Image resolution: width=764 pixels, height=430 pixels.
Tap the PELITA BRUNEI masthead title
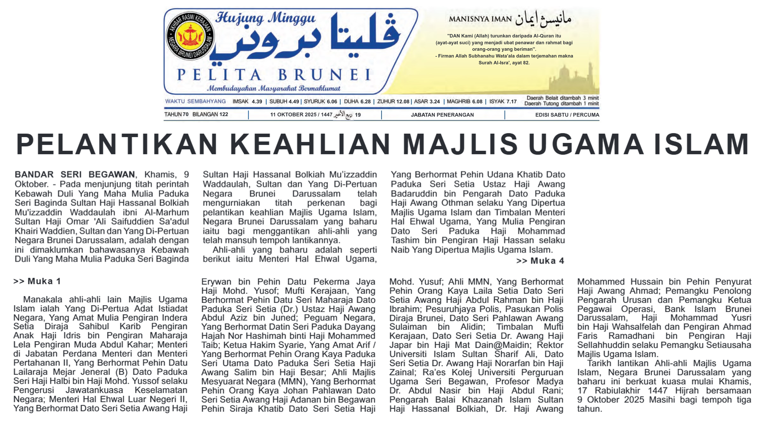[x=274, y=75]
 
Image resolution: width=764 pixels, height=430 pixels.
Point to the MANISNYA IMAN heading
[x=480, y=19]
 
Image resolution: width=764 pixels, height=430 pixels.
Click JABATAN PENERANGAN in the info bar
[x=442, y=115]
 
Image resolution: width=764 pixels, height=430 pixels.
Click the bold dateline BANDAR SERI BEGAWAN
[x=75, y=174]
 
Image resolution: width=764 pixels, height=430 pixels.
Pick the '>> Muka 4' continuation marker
[x=540, y=261]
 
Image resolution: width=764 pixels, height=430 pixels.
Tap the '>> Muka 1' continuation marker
[x=37, y=281]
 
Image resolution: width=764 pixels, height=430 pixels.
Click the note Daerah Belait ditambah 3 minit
[x=562, y=98]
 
